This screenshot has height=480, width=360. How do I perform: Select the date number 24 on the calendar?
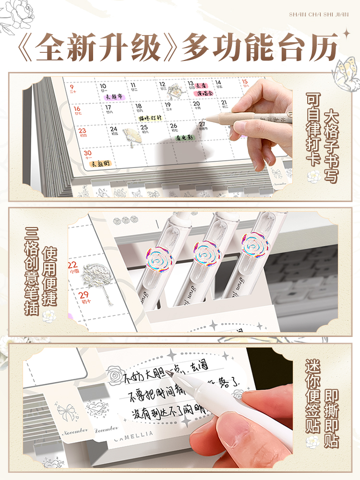[x=114, y=129]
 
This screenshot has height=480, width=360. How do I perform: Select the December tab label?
[x=106, y=429]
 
